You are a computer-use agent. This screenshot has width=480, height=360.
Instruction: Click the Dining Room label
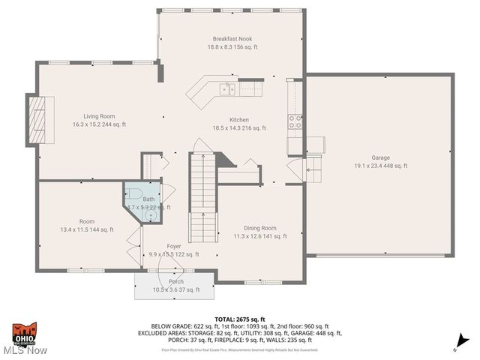259,228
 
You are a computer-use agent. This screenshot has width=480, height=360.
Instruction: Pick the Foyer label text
174,246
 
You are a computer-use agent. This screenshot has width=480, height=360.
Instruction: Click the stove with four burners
295,121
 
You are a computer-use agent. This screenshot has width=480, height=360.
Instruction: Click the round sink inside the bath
152,214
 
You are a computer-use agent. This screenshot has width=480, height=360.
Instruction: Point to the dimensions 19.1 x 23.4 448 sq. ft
381,166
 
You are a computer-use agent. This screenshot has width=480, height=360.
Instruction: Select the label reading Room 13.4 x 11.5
87,226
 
